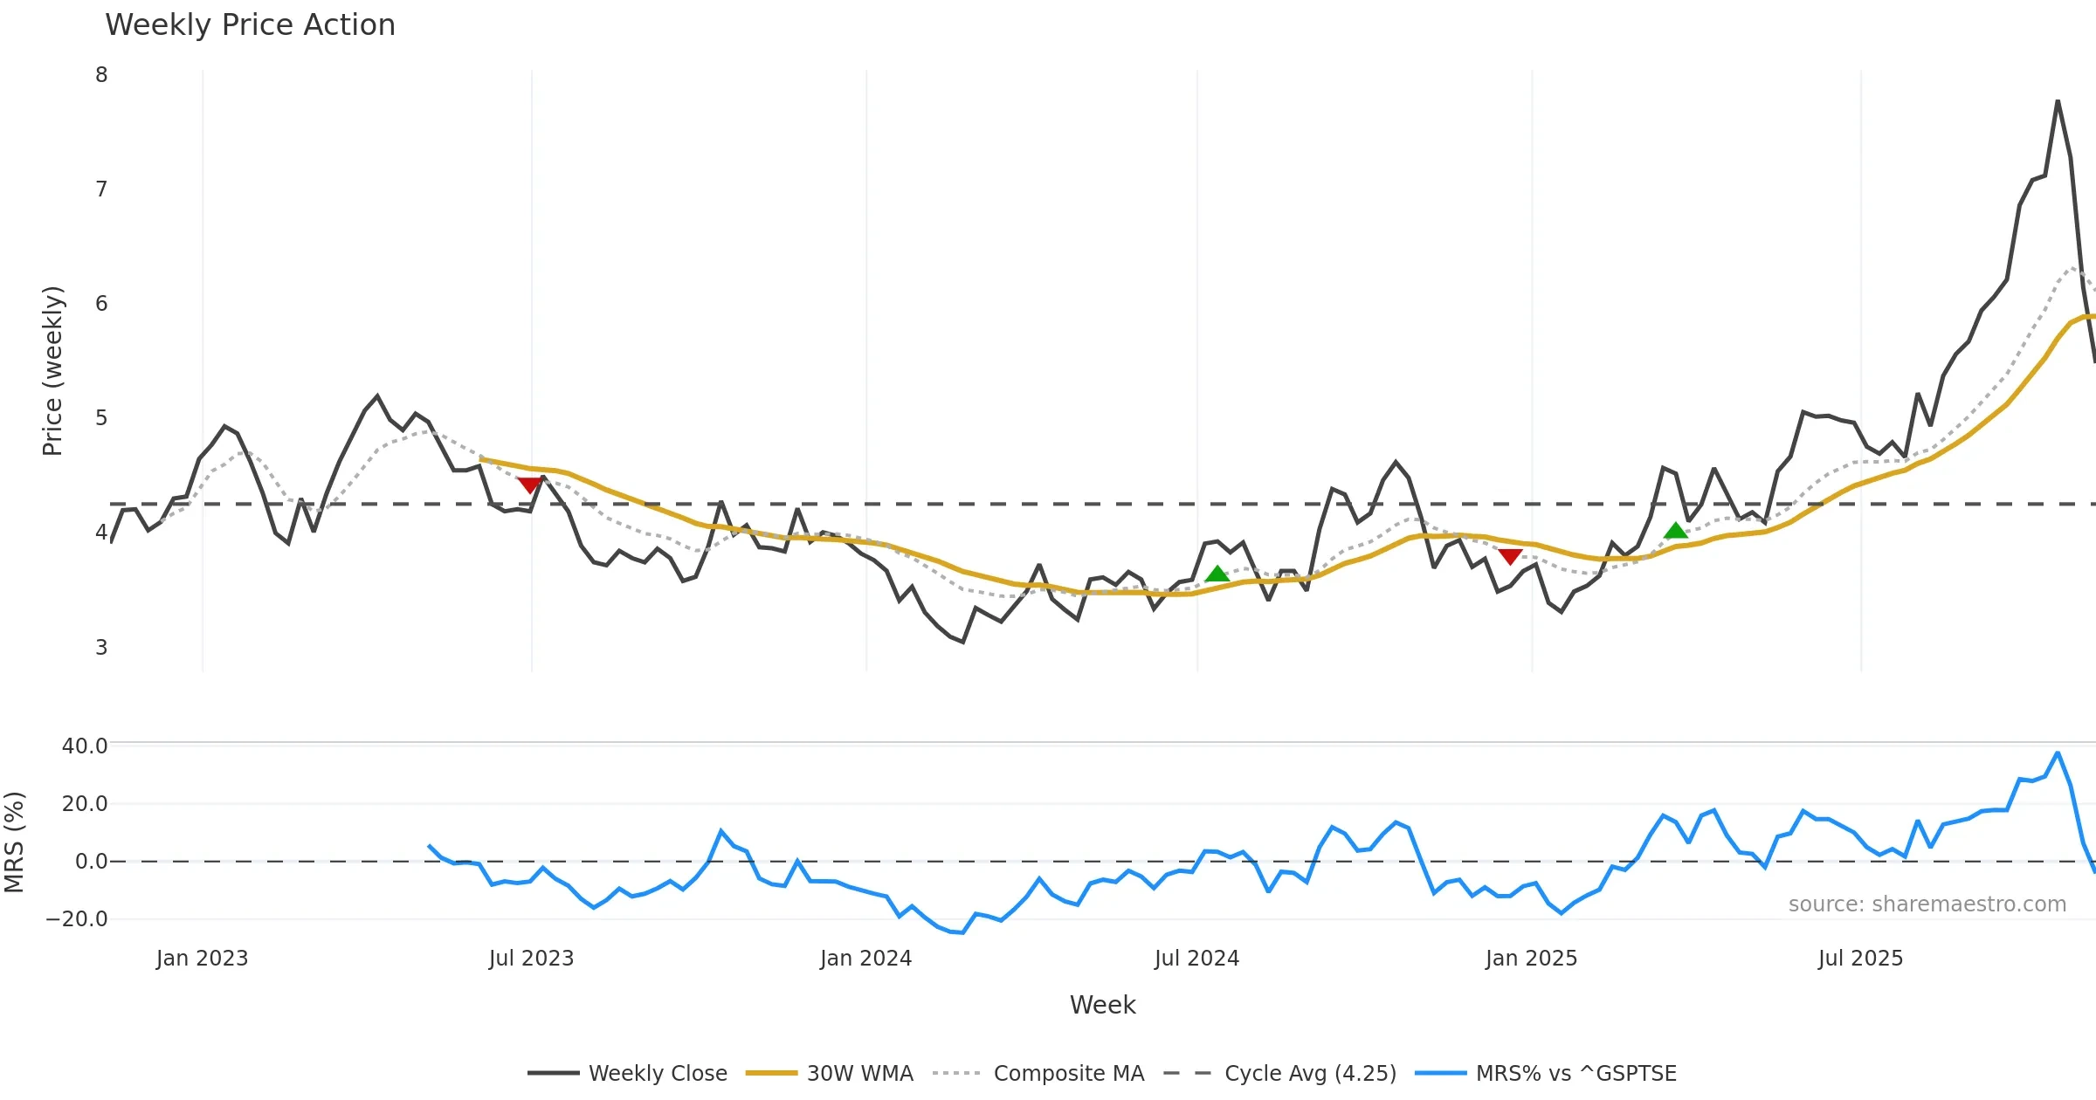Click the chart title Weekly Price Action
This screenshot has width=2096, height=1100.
point(250,25)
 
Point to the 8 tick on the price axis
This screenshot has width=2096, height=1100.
point(101,75)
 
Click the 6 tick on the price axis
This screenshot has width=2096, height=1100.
point(101,304)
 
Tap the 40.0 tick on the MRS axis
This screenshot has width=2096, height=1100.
point(85,746)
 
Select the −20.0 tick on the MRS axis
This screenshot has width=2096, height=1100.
point(77,919)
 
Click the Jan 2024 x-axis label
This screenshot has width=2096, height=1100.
point(865,959)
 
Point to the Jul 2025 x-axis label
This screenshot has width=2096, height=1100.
point(1860,959)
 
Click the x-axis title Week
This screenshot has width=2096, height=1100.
point(1102,1006)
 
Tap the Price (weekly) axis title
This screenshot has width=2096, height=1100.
point(52,371)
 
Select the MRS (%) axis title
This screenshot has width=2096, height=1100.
point(14,842)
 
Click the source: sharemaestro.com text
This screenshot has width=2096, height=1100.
point(1927,904)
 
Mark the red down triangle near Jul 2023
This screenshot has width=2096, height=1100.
point(529,485)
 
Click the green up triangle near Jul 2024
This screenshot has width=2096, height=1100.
point(1217,574)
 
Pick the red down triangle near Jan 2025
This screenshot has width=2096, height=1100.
point(1510,556)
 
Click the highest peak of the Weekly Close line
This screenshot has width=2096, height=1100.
point(2058,101)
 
